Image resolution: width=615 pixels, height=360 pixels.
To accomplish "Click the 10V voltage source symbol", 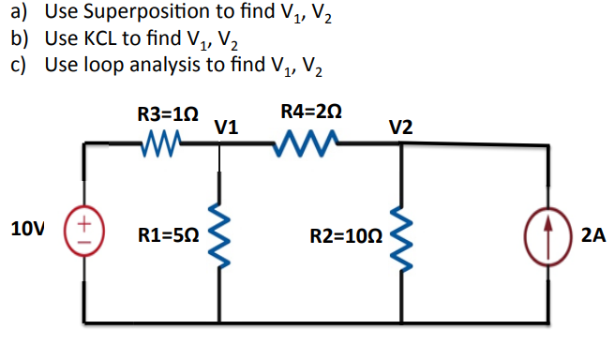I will (84, 231).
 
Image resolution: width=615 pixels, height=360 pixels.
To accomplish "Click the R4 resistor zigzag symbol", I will (306, 144).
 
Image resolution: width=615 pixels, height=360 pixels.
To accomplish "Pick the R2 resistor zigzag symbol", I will (401, 232).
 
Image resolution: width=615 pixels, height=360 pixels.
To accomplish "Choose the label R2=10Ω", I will (345, 234).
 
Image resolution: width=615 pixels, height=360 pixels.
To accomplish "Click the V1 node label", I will (226, 127).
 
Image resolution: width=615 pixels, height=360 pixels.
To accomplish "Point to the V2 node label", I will (399, 127).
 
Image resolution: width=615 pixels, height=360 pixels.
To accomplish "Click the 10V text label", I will (28, 228).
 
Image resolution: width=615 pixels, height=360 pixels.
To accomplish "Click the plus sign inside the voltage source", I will (83, 223).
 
